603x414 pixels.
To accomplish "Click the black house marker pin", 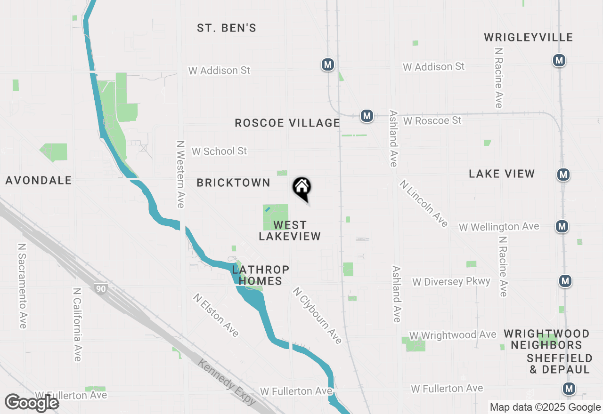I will point(302,189).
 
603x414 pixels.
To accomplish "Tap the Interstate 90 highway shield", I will point(101,289).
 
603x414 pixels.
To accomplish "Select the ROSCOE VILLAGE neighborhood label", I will point(287,123).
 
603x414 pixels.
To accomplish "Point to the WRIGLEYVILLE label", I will point(529,38).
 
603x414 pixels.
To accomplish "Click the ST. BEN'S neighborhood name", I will point(227,28).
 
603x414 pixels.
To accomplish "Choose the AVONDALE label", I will point(39,180).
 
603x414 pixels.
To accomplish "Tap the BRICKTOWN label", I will point(234,183).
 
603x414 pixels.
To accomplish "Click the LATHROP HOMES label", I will point(261,275).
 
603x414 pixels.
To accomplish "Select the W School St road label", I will point(219,151).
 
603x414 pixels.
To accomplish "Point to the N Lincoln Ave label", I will point(424,203).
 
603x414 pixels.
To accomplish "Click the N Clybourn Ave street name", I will point(317,315).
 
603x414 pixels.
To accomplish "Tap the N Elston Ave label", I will point(216,315).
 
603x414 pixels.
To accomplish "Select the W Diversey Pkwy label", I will point(451,282).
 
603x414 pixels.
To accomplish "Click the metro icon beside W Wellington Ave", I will point(562,226).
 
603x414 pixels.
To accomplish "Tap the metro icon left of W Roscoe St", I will point(367,115).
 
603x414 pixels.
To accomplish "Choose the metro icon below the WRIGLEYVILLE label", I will point(559,60).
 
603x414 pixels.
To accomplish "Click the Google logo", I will point(32,403).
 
